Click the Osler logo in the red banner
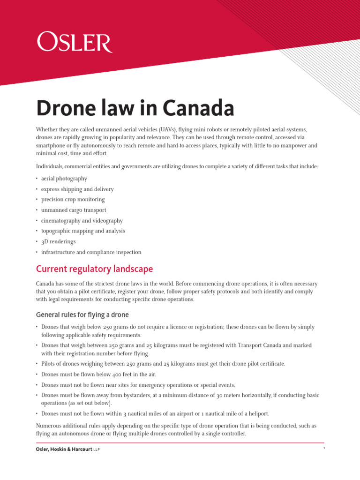click(74, 43)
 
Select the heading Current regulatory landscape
click(94, 270)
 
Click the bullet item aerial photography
click(64, 179)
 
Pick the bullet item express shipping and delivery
click(77, 189)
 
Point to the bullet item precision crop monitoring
click(73, 200)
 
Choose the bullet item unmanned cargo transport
click(74, 210)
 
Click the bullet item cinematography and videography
click(82, 221)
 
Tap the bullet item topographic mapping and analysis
click(83, 231)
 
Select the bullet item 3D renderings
click(58, 242)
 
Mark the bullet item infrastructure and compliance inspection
click(91, 252)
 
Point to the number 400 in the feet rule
click(118, 375)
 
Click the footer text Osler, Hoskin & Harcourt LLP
click(68, 450)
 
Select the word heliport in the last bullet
click(258, 413)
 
